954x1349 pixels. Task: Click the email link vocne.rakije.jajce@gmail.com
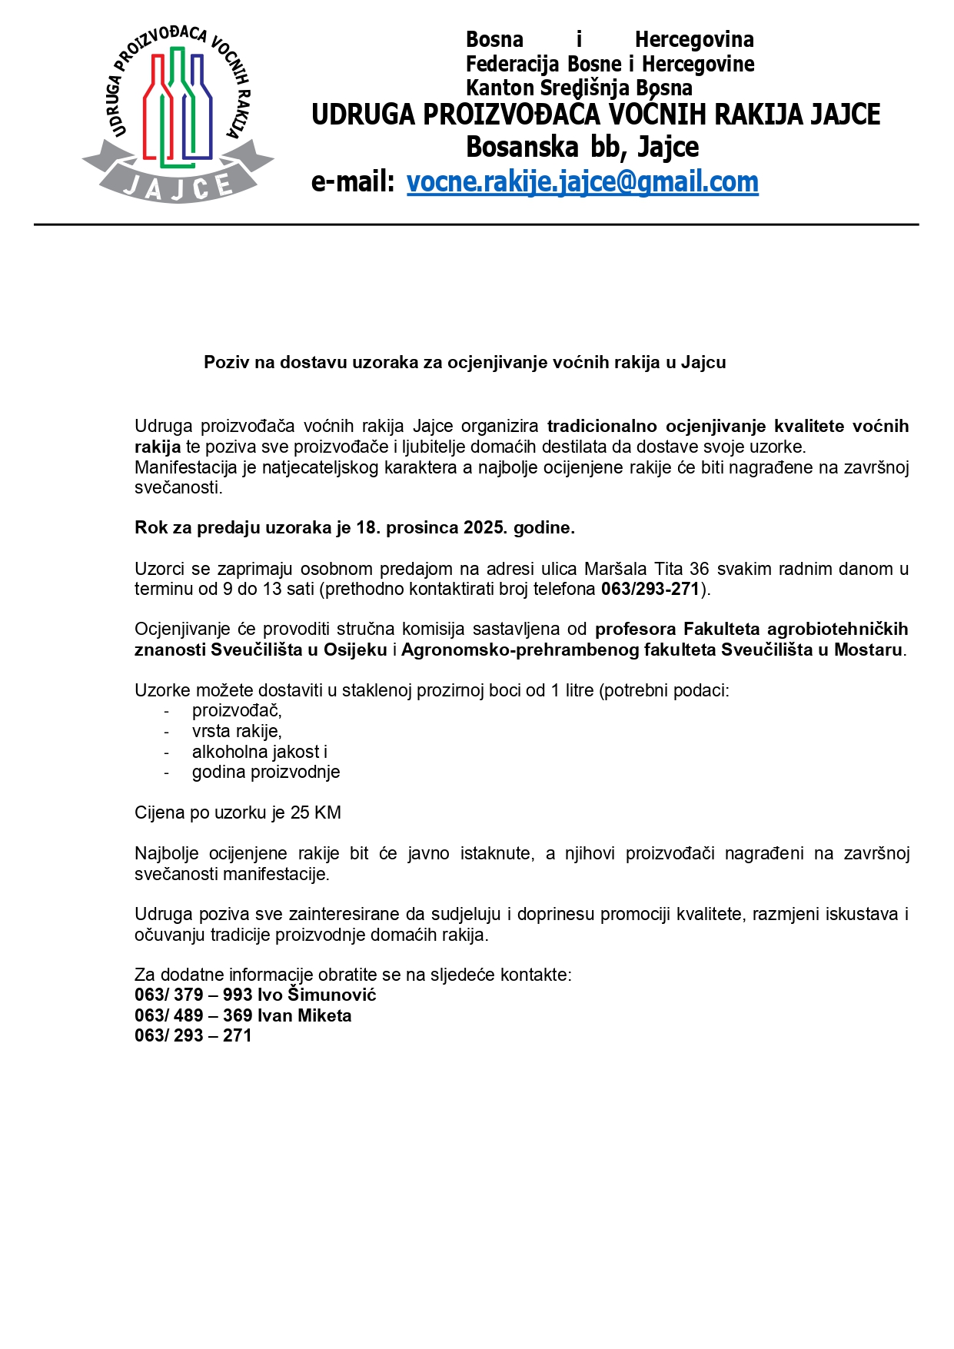point(582,182)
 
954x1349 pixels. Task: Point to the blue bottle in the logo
point(201,108)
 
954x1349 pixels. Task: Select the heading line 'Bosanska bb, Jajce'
point(582,147)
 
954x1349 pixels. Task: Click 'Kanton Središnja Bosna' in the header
point(578,88)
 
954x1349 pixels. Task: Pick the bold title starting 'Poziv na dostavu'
point(464,362)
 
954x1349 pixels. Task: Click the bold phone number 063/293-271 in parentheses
point(650,590)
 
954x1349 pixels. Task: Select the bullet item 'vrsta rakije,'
point(237,731)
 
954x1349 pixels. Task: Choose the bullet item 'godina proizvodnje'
point(266,772)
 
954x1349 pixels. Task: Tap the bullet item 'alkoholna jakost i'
point(260,752)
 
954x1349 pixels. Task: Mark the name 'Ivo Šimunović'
point(317,995)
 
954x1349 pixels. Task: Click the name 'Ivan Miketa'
point(304,1015)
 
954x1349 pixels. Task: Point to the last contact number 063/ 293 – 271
point(193,1035)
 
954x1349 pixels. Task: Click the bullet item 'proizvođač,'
point(237,711)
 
